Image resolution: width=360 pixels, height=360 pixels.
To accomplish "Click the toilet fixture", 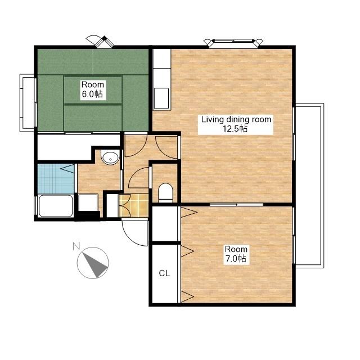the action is (165, 192).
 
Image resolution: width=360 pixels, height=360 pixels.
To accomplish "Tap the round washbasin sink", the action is (110, 157).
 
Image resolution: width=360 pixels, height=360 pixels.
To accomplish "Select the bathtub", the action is (56, 206).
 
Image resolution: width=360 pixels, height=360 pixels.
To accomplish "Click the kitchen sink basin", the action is (161, 98).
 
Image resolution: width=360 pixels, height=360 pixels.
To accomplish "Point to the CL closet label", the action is (164, 273).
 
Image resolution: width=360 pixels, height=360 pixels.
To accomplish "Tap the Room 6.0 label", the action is (92, 89).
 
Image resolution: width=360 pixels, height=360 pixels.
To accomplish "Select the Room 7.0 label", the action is (236, 254).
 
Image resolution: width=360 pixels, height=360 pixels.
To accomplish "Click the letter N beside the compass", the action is (76, 246).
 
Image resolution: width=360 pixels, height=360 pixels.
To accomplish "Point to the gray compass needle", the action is (95, 264).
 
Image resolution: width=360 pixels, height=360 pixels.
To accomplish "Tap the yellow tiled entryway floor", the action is (133, 205).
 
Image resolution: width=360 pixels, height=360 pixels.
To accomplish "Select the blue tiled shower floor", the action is (56, 179).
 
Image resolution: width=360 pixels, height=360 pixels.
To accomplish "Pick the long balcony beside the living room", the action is (309, 186).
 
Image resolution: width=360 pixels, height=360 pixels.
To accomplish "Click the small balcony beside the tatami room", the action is (27, 103).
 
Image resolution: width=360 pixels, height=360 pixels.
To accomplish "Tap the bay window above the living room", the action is (233, 43).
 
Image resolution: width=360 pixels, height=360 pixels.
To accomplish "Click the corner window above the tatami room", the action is (100, 42).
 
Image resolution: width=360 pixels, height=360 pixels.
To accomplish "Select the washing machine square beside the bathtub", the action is (88, 202).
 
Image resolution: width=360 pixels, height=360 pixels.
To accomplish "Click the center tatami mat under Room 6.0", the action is (92, 90).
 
